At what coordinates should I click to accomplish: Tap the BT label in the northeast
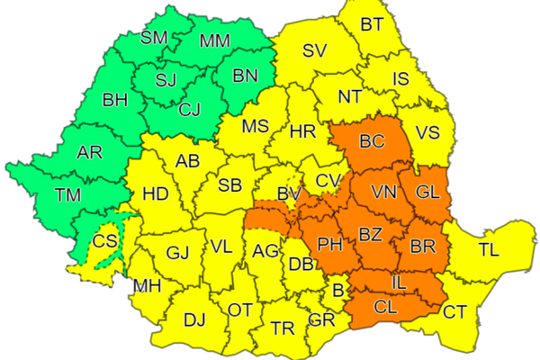(372, 24)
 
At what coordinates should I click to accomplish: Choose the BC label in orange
(371, 141)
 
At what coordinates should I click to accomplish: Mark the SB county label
(230, 185)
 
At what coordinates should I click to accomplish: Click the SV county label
(313, 50)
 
